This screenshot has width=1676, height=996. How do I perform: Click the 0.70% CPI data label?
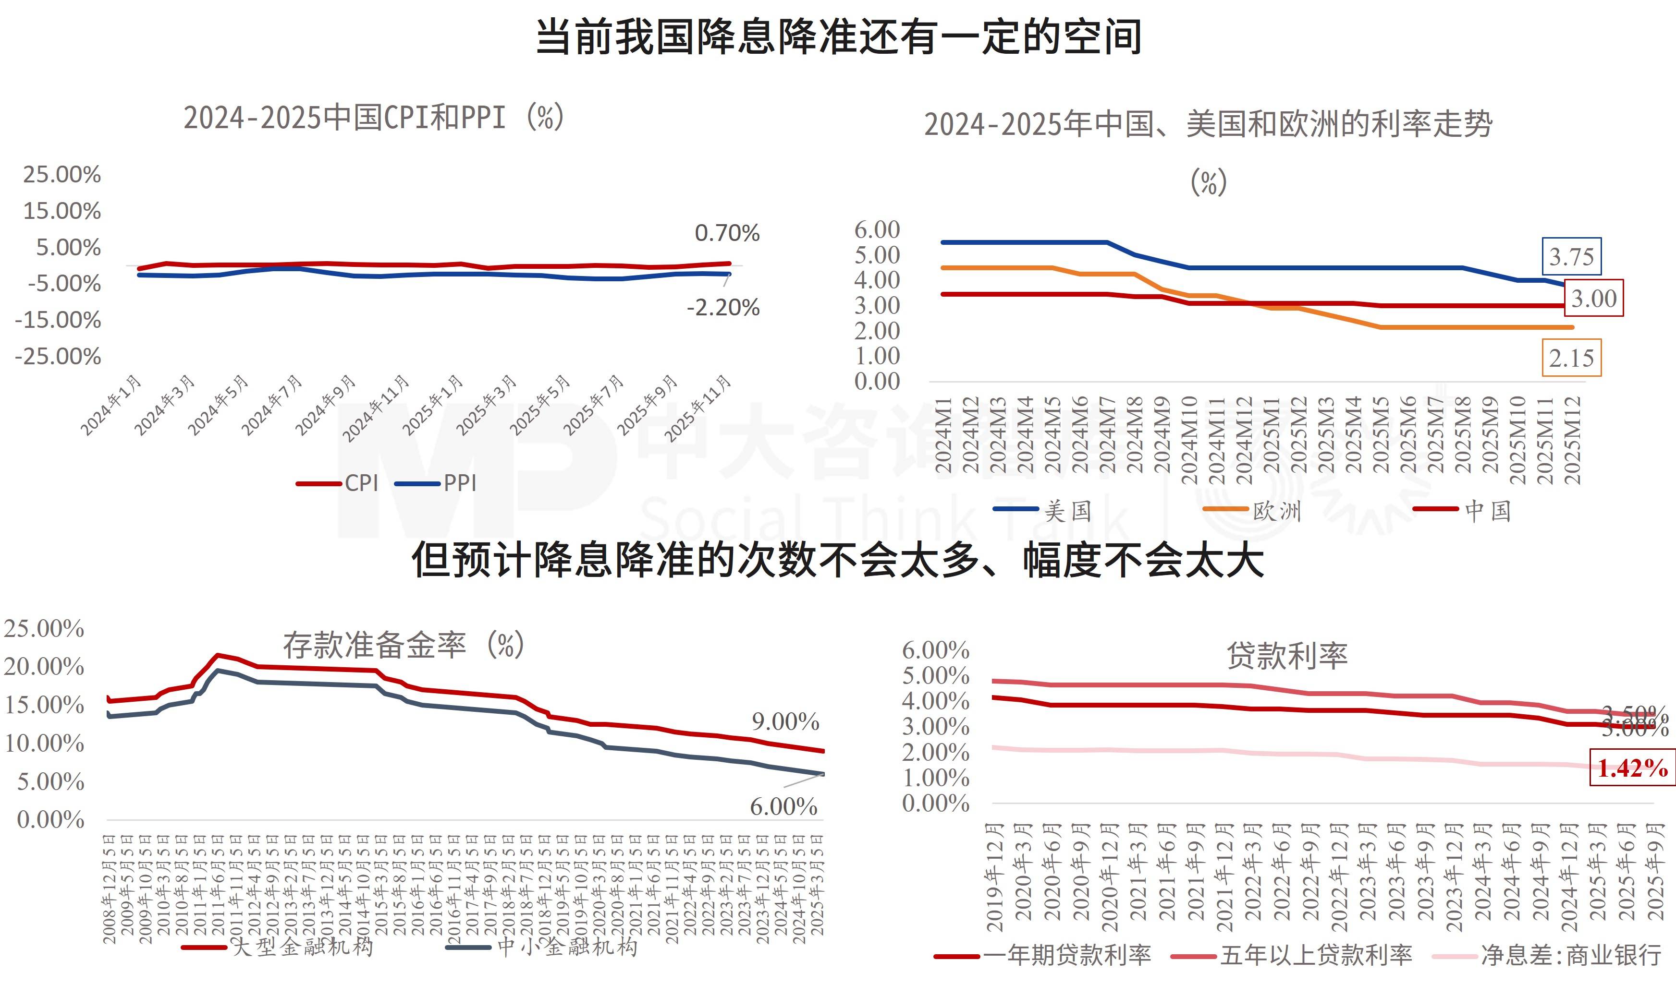click(x=726, y=234)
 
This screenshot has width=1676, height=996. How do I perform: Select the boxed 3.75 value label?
click(x=1571, y=256)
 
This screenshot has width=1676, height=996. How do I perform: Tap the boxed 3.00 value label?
click(x=1593, y=298)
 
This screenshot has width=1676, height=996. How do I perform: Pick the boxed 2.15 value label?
click(x=1571, y=358)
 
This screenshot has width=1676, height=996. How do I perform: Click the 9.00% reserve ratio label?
click(x=785, y=721)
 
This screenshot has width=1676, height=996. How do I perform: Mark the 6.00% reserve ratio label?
click(x=783, y=806)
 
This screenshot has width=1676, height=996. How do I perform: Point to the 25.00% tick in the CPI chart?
click(x=62, y=175)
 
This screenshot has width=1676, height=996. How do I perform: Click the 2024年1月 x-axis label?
click(x=111, y=406)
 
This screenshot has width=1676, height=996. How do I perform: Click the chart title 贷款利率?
click(x=1286, y=656)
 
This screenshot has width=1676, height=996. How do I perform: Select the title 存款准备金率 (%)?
click(x=403, y=646)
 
